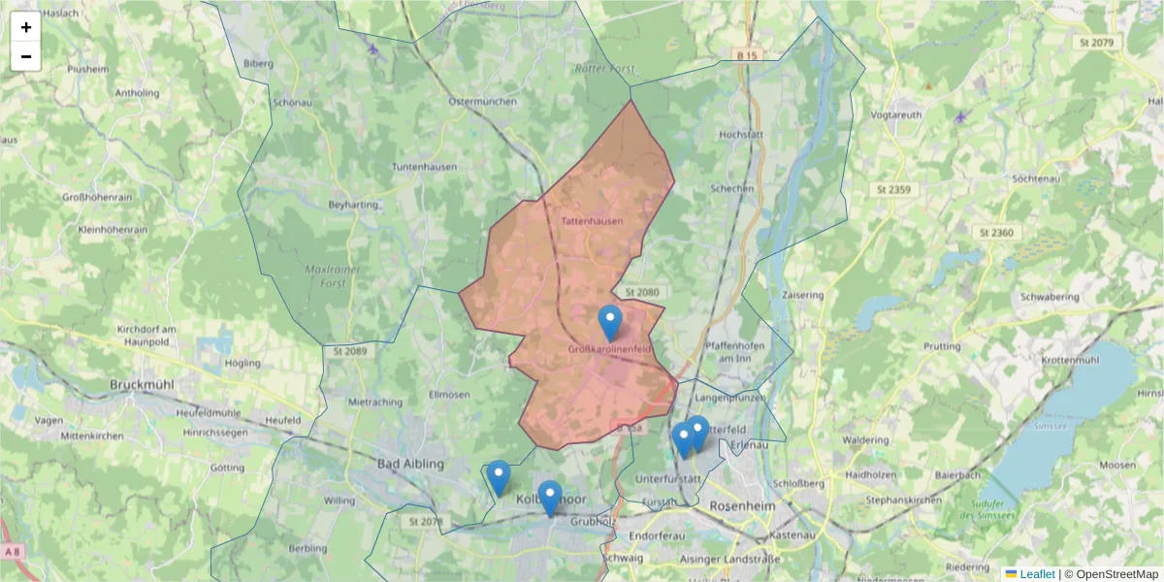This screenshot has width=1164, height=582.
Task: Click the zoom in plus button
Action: pos(26,27)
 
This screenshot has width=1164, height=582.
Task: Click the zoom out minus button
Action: pos(26,56)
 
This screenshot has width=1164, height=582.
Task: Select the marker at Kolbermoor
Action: pos(549,499)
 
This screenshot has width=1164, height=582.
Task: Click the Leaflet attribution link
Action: pos(1037,574)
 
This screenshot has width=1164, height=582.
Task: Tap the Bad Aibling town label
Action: pos(410,464)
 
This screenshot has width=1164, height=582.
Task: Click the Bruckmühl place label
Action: pos(142,385)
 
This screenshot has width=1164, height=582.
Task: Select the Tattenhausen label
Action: pos(592,221)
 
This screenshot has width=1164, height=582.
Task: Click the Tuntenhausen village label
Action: pos(424,167)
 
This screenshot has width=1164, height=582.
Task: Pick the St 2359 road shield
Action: pos(891,189)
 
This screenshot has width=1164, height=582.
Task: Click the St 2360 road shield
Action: pos(996,233)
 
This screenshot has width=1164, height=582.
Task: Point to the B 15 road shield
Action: pos(746,56)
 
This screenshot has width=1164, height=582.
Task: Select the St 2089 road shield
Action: pos(349,350)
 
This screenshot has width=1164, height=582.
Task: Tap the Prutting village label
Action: pos(942,346)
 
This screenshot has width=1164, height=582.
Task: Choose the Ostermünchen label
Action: pos(480,101)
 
